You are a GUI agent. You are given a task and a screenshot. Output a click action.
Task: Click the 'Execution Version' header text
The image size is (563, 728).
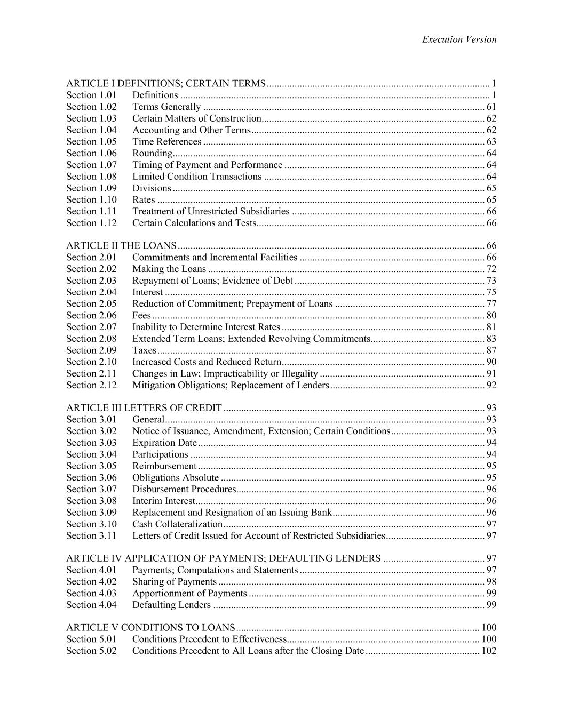click(459, 39)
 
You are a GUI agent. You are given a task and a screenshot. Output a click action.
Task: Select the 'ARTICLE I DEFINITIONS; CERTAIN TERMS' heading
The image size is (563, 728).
click(165, 84)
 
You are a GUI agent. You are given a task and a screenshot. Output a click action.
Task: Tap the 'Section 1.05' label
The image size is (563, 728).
click(91, 142)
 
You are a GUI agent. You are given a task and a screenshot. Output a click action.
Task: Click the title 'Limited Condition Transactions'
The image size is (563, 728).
click(197, 177)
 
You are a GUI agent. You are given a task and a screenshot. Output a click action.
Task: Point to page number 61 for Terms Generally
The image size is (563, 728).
click(491, 107)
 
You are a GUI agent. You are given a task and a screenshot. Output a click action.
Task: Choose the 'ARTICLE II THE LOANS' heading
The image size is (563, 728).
click(121, 246)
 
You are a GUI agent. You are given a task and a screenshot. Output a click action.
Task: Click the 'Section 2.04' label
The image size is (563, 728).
click(91, 292)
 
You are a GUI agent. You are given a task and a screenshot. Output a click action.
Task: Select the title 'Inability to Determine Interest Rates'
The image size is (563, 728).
click(206, 327)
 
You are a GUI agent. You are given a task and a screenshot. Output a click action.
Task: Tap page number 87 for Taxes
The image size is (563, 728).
click(491, 350)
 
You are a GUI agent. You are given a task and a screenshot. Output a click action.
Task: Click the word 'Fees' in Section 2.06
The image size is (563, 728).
click(141, 316)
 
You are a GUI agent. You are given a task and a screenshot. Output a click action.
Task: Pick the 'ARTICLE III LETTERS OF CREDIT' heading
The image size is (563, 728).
click(144, 408)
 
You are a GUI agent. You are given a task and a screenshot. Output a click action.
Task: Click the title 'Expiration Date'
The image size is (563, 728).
click(164, 443)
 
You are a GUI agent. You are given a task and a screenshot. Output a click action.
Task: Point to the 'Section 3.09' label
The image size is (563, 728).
click(91, 513)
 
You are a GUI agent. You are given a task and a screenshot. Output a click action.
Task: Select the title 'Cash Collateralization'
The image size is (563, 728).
click(177, 524)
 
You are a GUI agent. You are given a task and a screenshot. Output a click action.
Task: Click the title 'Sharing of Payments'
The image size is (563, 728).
click(175, 582)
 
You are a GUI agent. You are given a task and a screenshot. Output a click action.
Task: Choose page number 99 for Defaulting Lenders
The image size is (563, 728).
click(491, 605)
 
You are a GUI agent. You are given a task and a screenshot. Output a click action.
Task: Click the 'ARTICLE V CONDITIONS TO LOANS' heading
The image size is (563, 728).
click(150, 628)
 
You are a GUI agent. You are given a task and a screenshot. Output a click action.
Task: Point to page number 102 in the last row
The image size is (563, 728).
click(489, 651)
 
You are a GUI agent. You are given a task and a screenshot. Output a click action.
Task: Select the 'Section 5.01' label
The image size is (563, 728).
click(91, 639)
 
